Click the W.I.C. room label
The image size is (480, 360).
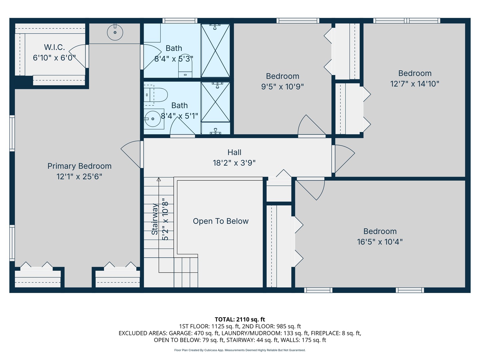[54, 47]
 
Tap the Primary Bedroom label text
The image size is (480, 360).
[79, 166]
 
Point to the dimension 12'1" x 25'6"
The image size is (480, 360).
[79, 177]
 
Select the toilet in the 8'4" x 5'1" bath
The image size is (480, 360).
[156, 95]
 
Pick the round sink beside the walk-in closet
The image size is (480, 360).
[115, 32]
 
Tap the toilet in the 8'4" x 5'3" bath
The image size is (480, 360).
[185, 68]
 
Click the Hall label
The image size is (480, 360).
[234, 152]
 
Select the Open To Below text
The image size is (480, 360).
[221, 221]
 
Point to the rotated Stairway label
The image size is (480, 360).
[155, 219]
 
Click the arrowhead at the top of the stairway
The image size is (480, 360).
[159, 179]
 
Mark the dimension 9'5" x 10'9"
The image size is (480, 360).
[282, 87]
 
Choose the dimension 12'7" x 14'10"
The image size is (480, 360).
[415, 84]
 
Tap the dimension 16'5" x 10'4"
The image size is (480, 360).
[380, 242]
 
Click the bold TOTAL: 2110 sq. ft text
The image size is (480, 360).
[240, 319]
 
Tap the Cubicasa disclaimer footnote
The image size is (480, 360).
[240, 350]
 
